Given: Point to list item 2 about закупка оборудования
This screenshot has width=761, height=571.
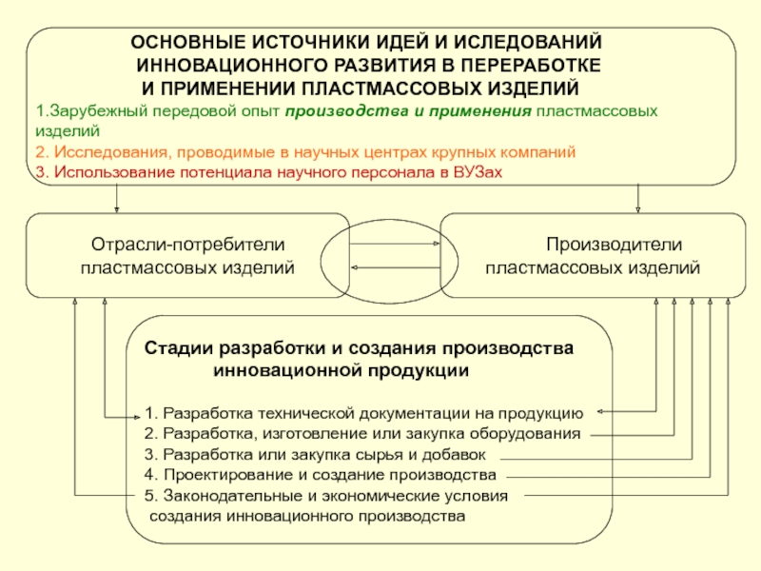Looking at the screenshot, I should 362,434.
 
